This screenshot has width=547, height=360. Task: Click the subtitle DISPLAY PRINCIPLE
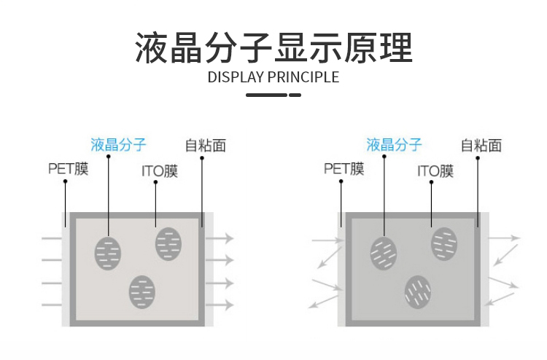pos(273,77)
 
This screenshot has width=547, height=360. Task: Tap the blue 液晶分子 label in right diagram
pos(394,144)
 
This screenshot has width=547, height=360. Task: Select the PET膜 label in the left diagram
pos(68,170)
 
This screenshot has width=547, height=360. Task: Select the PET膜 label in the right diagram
pos(344,170)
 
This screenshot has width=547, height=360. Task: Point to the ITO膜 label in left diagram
pos(159,172)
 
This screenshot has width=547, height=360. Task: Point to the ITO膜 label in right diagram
pos(435,172)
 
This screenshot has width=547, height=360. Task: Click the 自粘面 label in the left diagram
pos(205,145)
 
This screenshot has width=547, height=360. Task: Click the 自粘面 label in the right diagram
pos(481,145)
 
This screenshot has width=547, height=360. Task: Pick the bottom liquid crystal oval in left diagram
pos(142,291)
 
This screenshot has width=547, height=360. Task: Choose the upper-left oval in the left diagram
pos(108,252)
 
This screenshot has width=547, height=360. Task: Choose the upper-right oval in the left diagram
pos(168,243)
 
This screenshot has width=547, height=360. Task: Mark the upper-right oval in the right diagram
pos(443,243)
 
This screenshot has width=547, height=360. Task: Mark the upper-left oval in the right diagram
pos(384,252)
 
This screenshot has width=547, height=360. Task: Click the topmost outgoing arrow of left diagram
pos(219,238)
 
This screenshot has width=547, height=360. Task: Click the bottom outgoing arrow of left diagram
pos(219,305)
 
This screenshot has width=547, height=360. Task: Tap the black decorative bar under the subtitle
pos(273,95)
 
